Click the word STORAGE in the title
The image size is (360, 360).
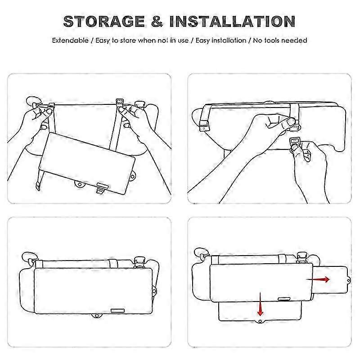tap(104, 22)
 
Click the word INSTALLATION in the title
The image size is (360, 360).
tap(232, 22)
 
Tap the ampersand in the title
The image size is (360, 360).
tap(157, 22)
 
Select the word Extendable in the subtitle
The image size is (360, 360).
tap(70, 40)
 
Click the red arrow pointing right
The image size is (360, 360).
tap(318, 279)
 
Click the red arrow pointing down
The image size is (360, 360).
tap(260, 304)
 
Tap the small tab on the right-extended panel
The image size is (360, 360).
tap(348, 280)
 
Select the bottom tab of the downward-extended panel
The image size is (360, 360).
tap(260, 321)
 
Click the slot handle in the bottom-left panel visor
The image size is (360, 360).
tap(117, 310)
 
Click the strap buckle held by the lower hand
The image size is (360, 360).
tap(294, 140)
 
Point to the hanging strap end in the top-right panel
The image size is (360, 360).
tap(204, 126)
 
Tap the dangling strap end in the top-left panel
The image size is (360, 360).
tap(38, 186)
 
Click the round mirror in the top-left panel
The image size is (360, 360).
tap(32, 101)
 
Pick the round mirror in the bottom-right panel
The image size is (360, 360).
tap(200, 252)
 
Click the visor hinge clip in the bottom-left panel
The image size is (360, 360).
tap(139, 262)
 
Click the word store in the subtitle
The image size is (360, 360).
tap(128, 40)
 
